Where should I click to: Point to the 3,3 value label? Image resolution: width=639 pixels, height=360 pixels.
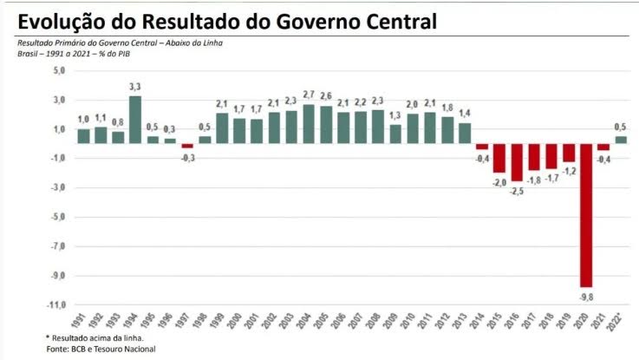pyautogui.click(x=135, y=87)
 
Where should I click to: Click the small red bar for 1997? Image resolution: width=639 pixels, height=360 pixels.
pyautogui.click(x=187, y=146)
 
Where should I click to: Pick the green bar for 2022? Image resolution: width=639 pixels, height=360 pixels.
pyautogui.click(x=621, y=139)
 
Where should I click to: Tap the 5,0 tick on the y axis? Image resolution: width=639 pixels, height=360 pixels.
pyautogui.click(x=59, y=71)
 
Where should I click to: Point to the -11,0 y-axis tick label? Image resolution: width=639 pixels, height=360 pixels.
pyautogui.click(x=56, y=305)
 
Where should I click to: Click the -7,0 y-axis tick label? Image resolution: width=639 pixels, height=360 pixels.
pyautogui.click(x=57, y=247)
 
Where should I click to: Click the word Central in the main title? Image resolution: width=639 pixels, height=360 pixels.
pyautogui.click(x=389, y=19)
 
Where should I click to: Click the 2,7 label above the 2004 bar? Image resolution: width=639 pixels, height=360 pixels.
pyautogui.click(x=309, y=95)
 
